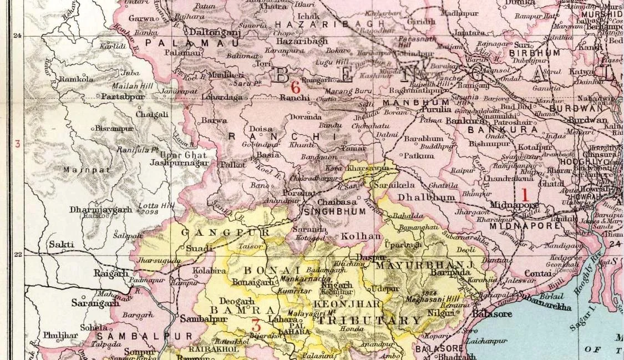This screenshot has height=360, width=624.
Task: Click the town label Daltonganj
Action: [x=211, y=33]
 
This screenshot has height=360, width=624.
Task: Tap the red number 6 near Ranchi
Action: [x=296, y=87]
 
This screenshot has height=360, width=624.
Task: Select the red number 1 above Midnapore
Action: [x=523, y=195]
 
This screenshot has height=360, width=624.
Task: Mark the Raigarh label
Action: [x=111, y=273]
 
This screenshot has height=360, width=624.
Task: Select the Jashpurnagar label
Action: [x=179, y=163]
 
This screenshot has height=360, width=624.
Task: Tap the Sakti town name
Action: [x=60, y=244]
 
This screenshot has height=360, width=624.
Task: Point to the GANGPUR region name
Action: [x=217, y=232]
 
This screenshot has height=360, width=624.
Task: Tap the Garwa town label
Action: [x=141, y=18]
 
